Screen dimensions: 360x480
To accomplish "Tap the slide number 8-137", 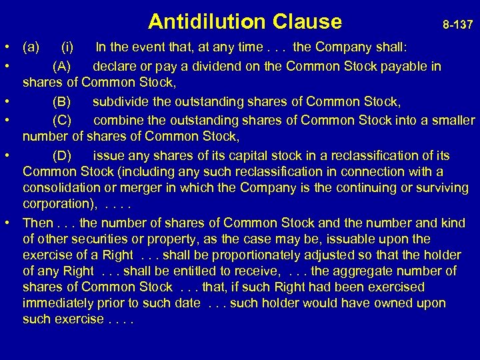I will click(x=458, y=25).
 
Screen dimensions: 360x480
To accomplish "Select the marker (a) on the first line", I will click(x=31, y=48).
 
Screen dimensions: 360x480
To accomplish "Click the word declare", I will click(x=114, y=66).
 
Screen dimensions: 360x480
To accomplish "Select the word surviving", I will click(x=439, y=188).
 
